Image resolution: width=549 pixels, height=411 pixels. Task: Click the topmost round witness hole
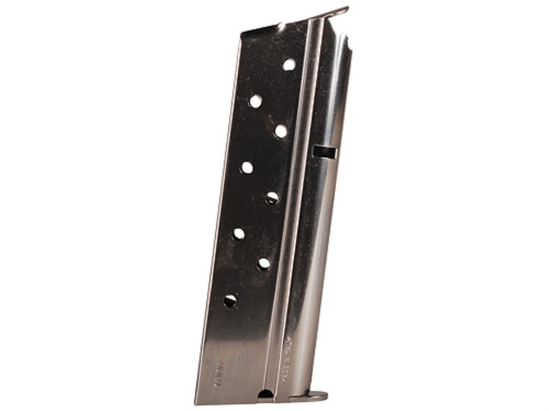288,64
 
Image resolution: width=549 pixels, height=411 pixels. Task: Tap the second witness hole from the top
256,101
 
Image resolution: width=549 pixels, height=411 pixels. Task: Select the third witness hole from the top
281,131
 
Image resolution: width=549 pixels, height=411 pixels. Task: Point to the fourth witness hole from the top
247,168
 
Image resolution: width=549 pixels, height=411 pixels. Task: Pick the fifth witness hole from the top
272,198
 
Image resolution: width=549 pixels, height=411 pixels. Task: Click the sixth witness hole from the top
239,234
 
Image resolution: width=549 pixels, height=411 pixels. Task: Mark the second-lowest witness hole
264,264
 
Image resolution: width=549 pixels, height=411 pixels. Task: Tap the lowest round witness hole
230,301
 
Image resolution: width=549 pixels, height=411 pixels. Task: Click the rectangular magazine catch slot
324,151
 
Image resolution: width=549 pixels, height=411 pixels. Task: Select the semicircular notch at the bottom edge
266,393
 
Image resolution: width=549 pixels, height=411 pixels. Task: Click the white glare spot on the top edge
281,26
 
